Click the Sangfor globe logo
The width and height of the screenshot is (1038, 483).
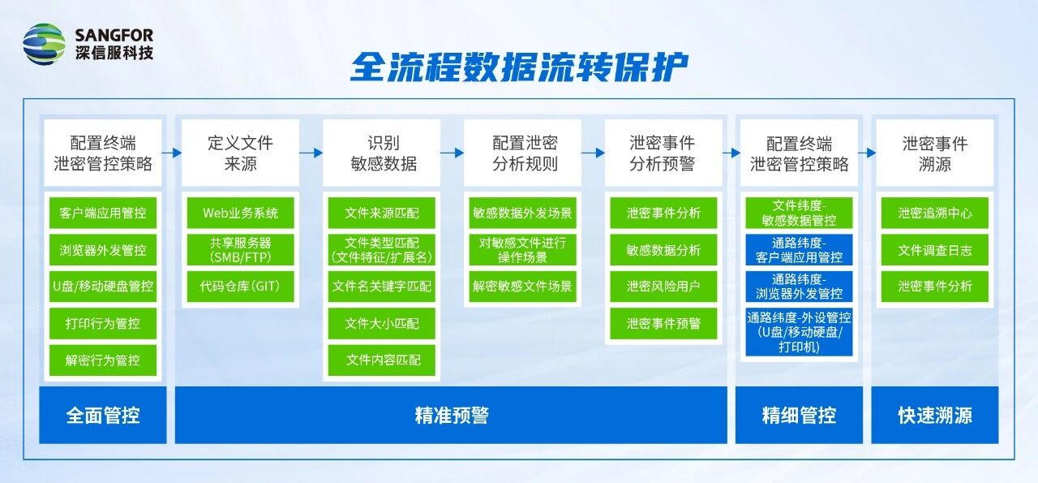tap(44, 44)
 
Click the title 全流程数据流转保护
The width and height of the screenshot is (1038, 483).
tap(519, 67)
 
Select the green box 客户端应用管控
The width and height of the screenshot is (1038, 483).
tap(103, 213)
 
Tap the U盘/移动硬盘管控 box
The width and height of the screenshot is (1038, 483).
tap(103, 287)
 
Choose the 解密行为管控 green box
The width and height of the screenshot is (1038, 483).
tap(103, 360)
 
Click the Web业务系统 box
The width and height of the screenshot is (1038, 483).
tap(241, 213)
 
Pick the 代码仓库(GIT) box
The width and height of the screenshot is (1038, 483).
tap(241, 287)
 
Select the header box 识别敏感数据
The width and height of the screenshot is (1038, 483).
tap(382, 153)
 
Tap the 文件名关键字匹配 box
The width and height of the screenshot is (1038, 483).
tap(382, 287)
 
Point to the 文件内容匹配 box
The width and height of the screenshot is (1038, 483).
tap(382, 360)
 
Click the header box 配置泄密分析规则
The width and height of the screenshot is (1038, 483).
tap(523, 153)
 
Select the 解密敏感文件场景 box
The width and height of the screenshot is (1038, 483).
tap(523, 287)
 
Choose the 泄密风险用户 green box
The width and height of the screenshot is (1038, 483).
tap(663, 287)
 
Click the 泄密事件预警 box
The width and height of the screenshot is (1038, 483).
tap(663, 323)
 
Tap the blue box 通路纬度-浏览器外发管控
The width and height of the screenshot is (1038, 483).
tap(799, 287)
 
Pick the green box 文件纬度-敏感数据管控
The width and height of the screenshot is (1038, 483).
tap(799, 213)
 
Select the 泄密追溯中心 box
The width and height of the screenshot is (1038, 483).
tap(935, 213)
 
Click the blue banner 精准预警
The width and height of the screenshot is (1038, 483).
tap(451, 416)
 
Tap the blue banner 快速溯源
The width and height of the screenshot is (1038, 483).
tap(935, 416)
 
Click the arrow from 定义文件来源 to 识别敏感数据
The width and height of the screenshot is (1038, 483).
tap(311, 153)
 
